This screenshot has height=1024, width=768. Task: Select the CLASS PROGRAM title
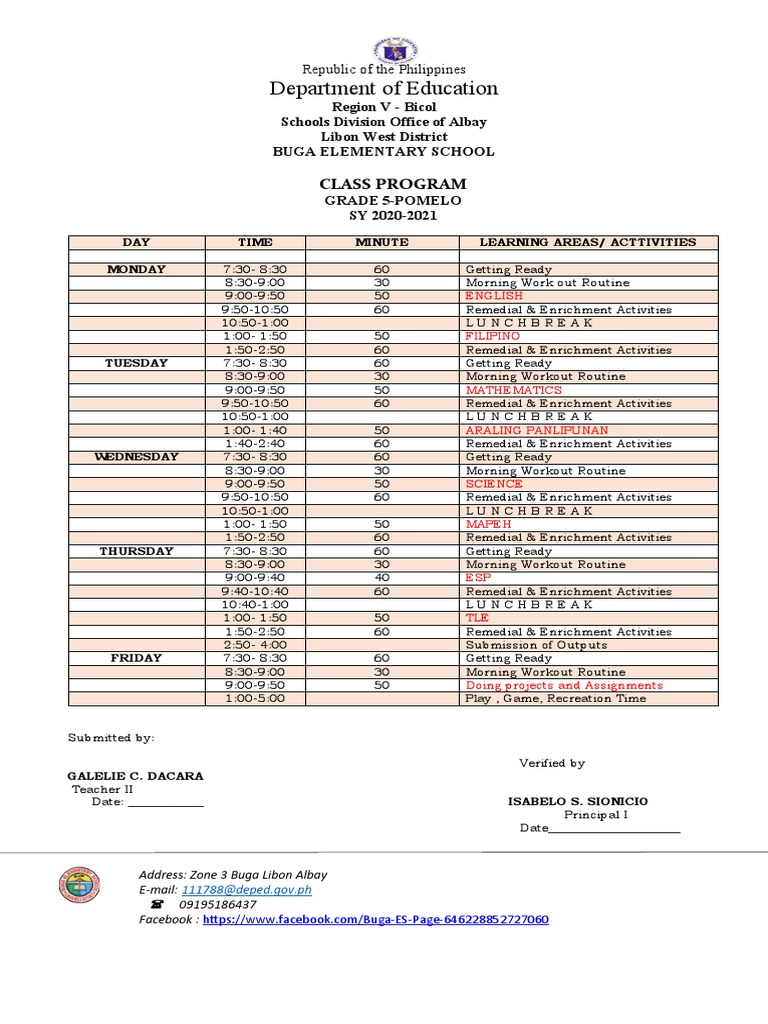[392, 184]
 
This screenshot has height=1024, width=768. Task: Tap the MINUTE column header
[381, 242]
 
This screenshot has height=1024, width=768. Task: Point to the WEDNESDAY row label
[136, 457]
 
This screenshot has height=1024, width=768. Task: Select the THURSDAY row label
[136, 551]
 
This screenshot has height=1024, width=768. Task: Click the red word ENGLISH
[493, 296]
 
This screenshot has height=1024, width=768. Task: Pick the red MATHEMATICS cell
[513, 390]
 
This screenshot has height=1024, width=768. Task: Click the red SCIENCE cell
[493, 484]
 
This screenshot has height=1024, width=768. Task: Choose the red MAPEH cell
[487, 524]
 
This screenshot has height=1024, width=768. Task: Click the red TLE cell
[477, 618]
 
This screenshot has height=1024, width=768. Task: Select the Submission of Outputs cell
[536, 645]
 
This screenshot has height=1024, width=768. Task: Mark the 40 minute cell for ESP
[381, 578]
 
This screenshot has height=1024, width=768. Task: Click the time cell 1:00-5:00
[255, 699]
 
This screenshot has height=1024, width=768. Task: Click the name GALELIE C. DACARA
[134, 776]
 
